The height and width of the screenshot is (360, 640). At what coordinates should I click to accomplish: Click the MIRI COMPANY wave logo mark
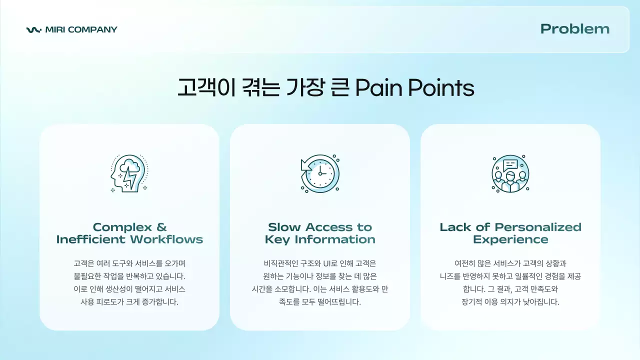[33, 30]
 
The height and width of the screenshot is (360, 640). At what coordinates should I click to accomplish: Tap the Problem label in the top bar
[575, 29]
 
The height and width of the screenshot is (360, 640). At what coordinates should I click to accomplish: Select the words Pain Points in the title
[414, 88]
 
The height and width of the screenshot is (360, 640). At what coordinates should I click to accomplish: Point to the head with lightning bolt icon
[129, 173]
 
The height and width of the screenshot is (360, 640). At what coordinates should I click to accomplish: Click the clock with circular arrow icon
[320, 173]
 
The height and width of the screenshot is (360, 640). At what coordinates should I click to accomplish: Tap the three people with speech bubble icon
[510, 173]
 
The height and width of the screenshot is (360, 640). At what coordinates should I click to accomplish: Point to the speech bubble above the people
[510, 164]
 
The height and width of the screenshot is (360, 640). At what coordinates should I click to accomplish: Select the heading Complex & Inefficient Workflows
[129, 233]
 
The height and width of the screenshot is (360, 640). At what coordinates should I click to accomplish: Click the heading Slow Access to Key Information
[320, 233]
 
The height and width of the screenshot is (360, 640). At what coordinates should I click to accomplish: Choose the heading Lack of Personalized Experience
[510, 233]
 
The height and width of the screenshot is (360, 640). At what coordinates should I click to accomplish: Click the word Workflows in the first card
[166, 239]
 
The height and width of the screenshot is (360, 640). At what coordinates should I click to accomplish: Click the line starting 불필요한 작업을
[129, 276]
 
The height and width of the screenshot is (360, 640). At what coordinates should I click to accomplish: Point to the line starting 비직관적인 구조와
[320, 263]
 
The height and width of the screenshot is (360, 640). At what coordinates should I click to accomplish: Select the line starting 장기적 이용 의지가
[510, 302]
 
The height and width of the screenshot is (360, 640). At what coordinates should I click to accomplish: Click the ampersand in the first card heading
[161, 227]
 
